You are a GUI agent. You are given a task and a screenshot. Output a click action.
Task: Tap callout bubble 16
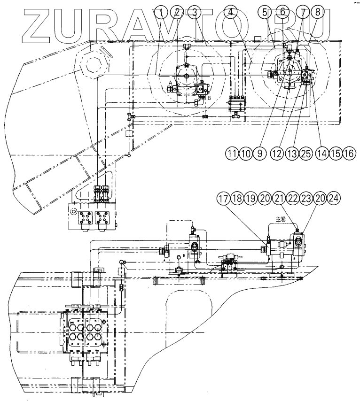click(350, 154)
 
